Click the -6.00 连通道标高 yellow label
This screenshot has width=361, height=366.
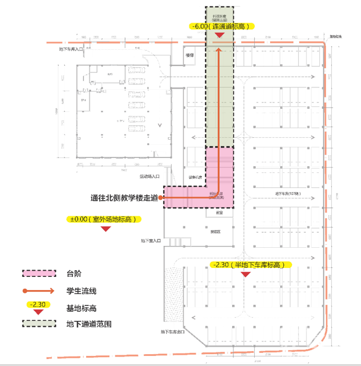point(220,26)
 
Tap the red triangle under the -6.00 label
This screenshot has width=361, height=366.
point(220,36)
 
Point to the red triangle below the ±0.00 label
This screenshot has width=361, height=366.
point(107,229)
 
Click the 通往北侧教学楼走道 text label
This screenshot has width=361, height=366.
point(125,198)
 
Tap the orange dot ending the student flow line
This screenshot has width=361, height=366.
point(161,198)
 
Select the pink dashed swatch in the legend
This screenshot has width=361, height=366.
point(39,273)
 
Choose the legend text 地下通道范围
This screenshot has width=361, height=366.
point(88,324)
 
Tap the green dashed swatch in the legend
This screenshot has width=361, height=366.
point(39,324)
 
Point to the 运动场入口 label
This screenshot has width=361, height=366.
point(150,176)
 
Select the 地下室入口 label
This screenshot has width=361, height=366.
point(152,241)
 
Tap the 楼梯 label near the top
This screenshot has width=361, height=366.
point(190,55)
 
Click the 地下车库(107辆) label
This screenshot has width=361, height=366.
point(287,193)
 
